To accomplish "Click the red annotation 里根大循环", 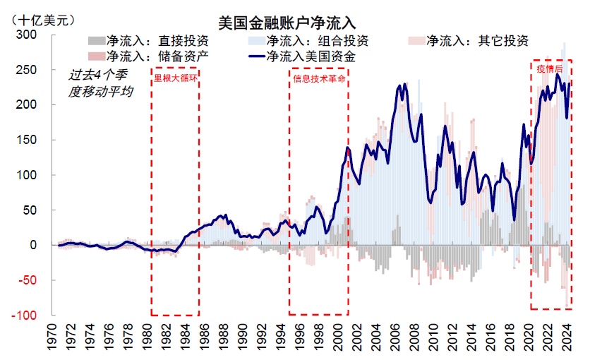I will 174,79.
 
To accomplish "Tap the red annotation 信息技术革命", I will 319,79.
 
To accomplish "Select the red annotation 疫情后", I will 550,69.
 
